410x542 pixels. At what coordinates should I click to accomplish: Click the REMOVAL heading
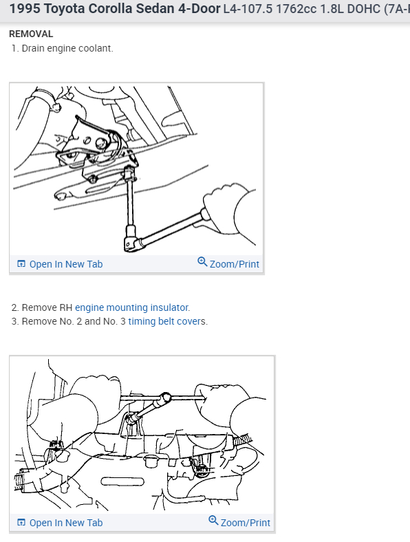tap(31, 34)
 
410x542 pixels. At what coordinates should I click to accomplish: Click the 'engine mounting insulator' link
tap(132, 307)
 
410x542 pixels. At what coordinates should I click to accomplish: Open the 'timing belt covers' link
tap(166, 321)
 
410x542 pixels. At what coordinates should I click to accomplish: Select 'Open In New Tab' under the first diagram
tap(66, 264)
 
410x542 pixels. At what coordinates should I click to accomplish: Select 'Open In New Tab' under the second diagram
tap(66, 523)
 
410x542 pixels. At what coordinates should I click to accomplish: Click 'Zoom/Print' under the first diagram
tap(235, 264)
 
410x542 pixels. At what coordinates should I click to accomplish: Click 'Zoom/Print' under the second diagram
tap(246, 523)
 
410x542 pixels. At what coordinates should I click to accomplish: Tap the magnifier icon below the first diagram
tap(202, 262)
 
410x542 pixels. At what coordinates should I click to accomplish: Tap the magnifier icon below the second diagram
tap(213, 521)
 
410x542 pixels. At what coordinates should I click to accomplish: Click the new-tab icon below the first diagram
tap(21, 263)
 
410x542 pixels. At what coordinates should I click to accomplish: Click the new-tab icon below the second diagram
tap(21, 522)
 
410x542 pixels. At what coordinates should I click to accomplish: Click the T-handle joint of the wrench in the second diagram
tap(165, 398)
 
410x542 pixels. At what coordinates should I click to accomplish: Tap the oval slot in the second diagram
tap(122, 481)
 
